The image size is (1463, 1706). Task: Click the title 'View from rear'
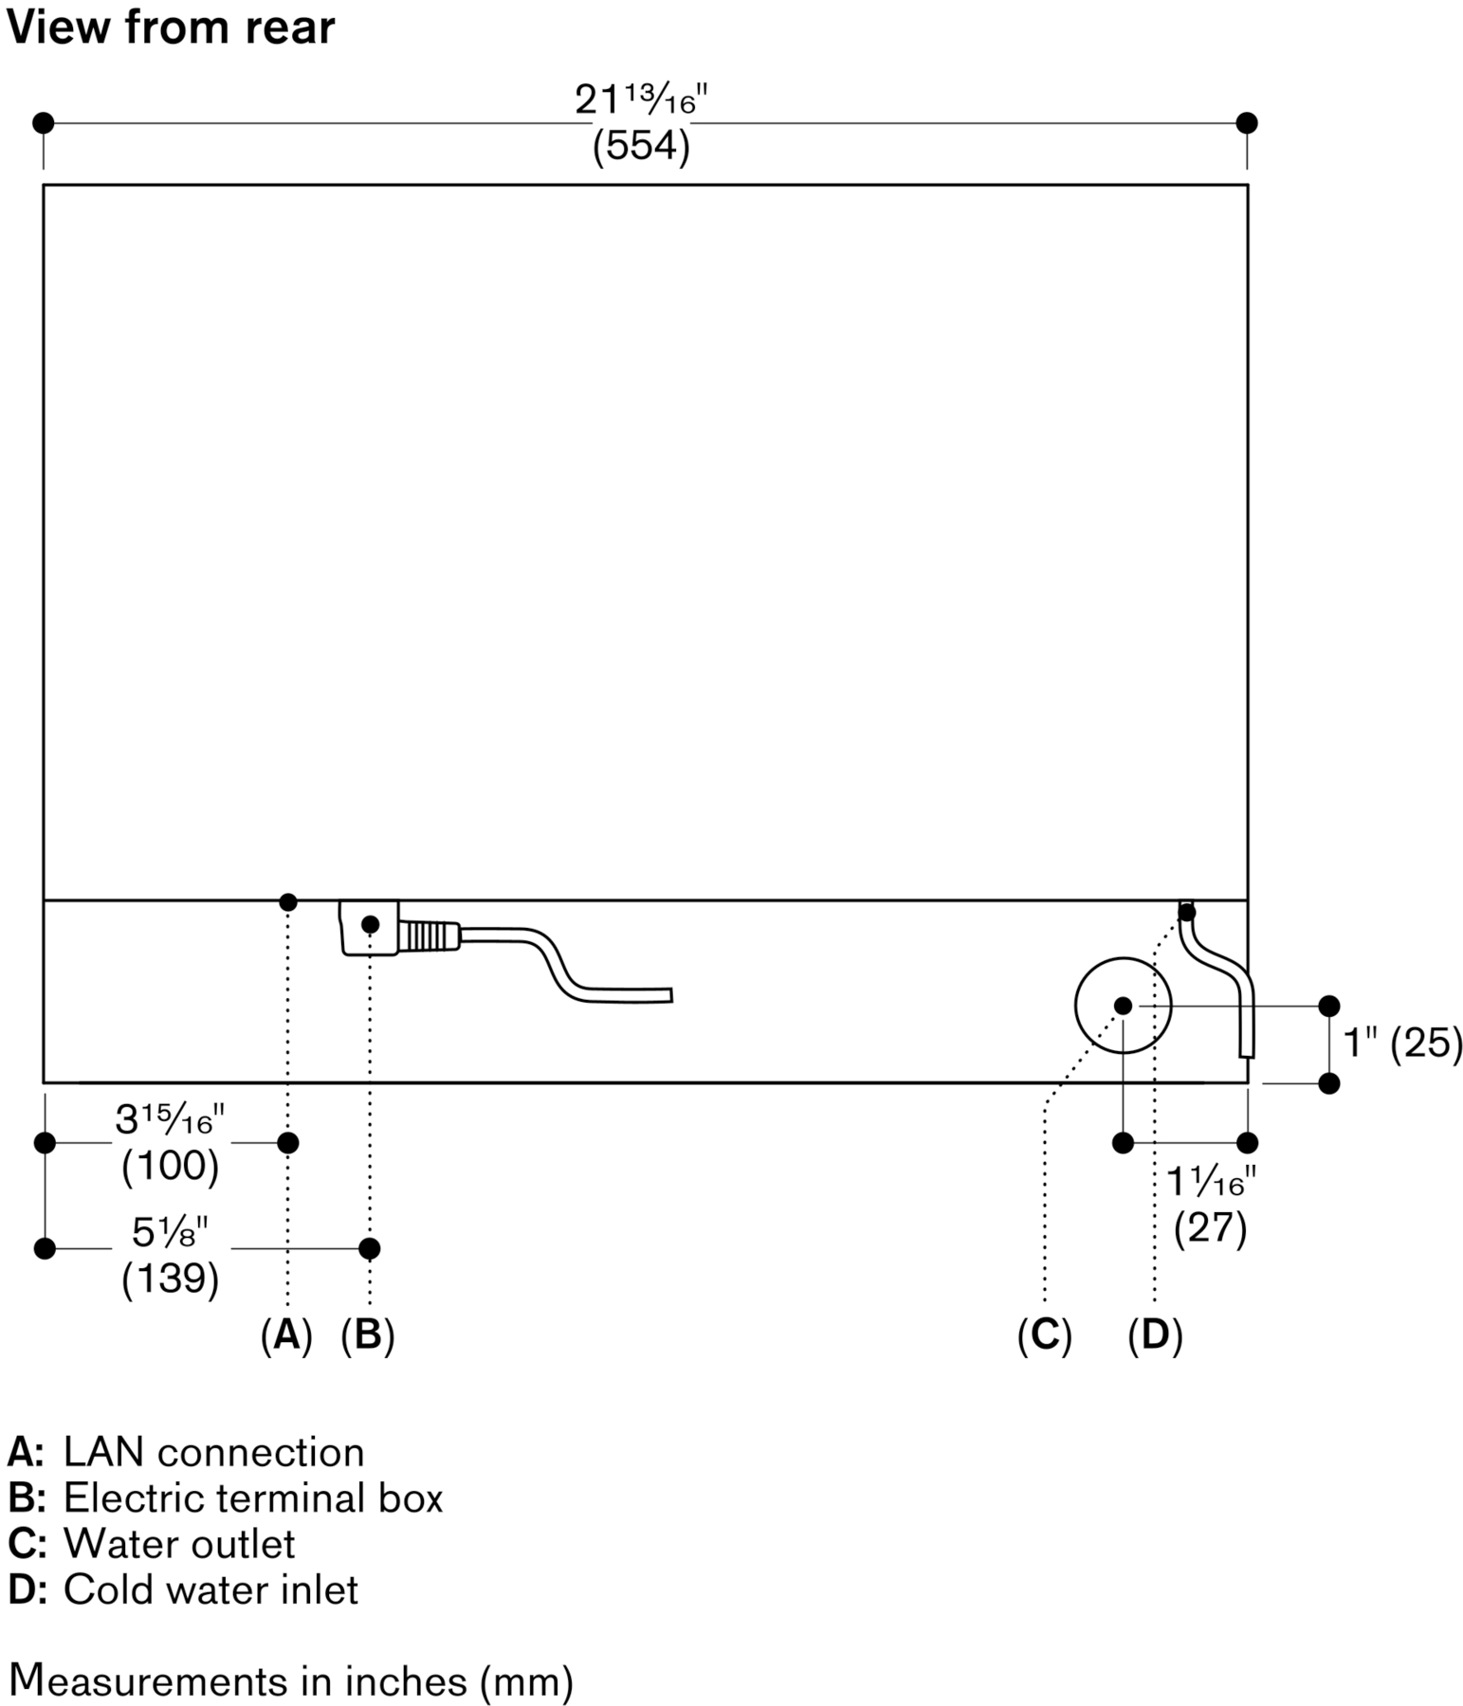tap(171, 27)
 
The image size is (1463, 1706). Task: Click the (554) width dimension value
tap(641, 146)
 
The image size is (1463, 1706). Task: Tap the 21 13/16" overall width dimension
tap(641, 100)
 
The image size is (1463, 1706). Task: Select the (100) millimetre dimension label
tap(171, 1166)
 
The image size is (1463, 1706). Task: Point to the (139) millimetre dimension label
tap(171, 1279)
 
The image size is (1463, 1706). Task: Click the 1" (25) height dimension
tap(1402, 1044)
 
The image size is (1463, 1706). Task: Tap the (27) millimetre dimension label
tap(1210, 1228)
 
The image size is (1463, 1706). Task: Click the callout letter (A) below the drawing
tap(286, 1334)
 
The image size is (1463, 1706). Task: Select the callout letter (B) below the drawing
tap(368, 1334)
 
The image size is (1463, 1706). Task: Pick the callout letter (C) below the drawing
tap(1044, 1334)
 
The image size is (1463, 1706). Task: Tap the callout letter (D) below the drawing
tap(1155, 1334)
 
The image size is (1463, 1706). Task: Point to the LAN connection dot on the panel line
tap(288, 902)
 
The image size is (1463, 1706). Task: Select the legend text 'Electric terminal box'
tap(253, 1498)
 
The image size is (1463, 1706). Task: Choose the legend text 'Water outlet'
tap(179, 1544)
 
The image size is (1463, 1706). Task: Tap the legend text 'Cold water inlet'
tap(210, 1589)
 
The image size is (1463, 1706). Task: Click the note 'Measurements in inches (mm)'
tap(290, 1680)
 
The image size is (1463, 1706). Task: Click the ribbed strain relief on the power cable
tap(429, 936)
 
